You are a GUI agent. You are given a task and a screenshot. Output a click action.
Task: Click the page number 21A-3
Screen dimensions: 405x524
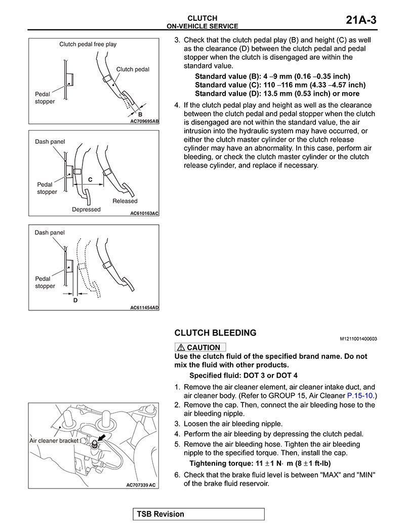tap(361, 20)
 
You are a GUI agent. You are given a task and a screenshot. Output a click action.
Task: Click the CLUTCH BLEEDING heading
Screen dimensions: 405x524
tap(215, 333)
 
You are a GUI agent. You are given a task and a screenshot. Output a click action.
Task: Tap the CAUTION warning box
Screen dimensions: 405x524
tap(200, 347)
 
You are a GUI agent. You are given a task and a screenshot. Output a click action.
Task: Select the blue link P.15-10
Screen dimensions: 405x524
tap(360, 396)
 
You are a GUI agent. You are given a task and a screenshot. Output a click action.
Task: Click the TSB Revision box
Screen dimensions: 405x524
tap(199, 514)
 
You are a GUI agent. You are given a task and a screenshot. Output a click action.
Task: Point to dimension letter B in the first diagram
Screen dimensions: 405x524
tap(140, 114)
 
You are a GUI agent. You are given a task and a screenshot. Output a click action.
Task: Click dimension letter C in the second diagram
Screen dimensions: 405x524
tap(90, 180)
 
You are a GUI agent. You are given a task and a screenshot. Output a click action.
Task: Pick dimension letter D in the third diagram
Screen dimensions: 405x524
tap(75, 300)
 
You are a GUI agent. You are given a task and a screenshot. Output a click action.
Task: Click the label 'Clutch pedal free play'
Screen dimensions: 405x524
tap(88, 44)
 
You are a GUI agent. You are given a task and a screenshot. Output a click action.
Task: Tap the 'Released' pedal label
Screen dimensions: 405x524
tap(125, 201)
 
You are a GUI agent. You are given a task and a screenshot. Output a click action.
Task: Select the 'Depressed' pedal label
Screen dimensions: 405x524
tap(86, 210)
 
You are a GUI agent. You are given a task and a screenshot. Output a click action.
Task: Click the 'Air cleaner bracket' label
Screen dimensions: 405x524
tap(54, 440)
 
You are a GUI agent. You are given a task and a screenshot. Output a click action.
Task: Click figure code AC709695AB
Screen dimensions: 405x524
tap(144, 122)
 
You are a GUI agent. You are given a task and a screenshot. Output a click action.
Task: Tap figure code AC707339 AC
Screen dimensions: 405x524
tap(141, 485)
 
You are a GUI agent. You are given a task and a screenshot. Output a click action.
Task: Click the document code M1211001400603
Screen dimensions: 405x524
tap(358, 339)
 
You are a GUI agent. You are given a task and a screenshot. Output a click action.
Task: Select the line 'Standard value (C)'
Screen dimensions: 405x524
tap(280, 85)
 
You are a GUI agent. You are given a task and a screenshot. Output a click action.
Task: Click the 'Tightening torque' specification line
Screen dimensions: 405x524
tap(260, 464)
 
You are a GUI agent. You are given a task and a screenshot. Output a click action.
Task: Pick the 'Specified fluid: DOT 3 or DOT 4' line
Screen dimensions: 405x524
tap(244, 375)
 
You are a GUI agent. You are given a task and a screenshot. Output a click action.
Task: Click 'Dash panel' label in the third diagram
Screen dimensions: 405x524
tap(50, 232)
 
